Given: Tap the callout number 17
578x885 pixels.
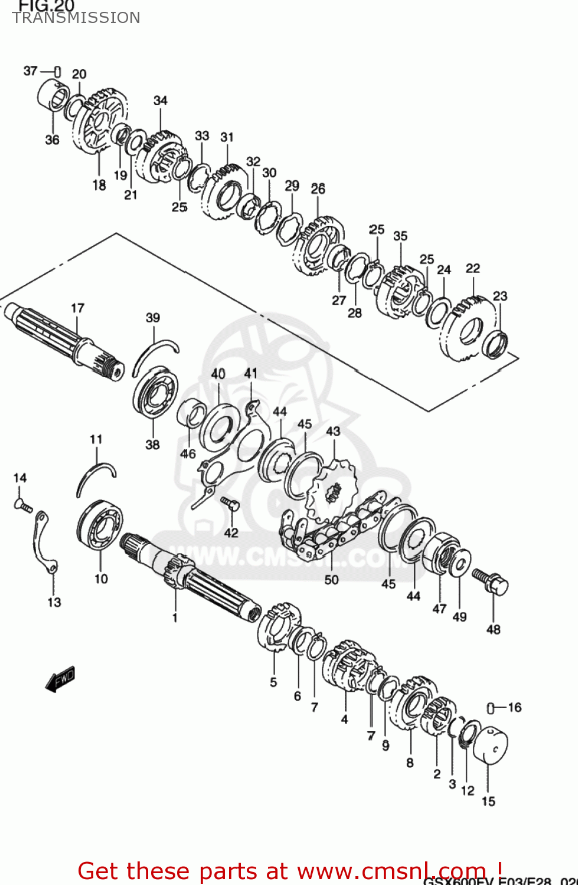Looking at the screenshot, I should pyautogui.click(x=77, y=308).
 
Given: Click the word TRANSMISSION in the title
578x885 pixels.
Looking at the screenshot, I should pyautogui.click(x=76, y=18).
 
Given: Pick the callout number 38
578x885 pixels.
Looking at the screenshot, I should pyautogui.click(x=152, y=444).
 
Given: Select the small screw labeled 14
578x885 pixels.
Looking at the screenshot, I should pyautogui.click(x=22, y=504).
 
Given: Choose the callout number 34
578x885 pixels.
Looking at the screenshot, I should pyautogui.click(x=161, y=100).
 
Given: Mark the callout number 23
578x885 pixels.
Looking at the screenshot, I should pyautogui.click(x=499, y=296).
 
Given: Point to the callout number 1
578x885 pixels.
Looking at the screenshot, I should pyautogui.click(x=175, y=618).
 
